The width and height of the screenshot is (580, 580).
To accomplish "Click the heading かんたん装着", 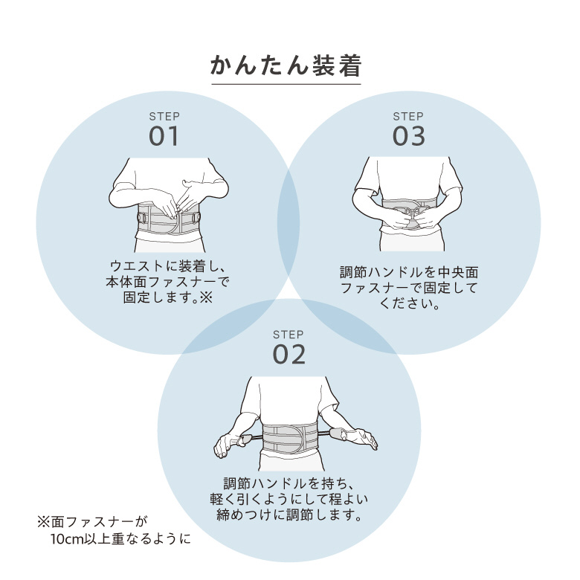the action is pyautogui.click(x=286, y=66).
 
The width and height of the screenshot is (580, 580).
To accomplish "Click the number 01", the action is pyautogui.click(x=164, y=136).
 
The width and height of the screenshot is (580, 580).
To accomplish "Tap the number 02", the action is pyautogui.click(x=289, y=355).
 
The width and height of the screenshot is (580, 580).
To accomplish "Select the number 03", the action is pyautogui.click(x=408, y=136).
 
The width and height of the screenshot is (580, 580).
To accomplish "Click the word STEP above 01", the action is pyautogui.click(x=164, y=117).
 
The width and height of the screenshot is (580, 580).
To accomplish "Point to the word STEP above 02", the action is pyautogui.click(x=289, y=335).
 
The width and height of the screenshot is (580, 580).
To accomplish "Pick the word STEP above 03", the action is pyautogui.click(x=408, y=117).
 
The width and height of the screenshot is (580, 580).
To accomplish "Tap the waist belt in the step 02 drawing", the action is pyautogui.click(x=290, y=438).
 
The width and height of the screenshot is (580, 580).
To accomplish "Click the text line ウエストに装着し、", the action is pyautogui.click(x=168, y=266).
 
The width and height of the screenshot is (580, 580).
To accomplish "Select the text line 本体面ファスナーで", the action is pyautogui.click(x=167, y=282).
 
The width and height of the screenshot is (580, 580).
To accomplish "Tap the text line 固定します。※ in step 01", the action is pyautogui.click(x=168, y=297).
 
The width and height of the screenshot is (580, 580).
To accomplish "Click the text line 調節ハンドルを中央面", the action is pyautogui.click(x=409, y=272).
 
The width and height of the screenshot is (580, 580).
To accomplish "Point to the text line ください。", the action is pyautogui.click(x=409, y=303).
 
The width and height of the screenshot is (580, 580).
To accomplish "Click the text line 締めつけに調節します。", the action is pyautogui.click(x=289, y=515).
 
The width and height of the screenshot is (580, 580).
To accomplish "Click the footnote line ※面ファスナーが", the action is pyautogui.click(x=92, y=522).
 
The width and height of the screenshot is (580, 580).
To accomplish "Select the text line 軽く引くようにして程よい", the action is pyautogui.click(x=289, y=500).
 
